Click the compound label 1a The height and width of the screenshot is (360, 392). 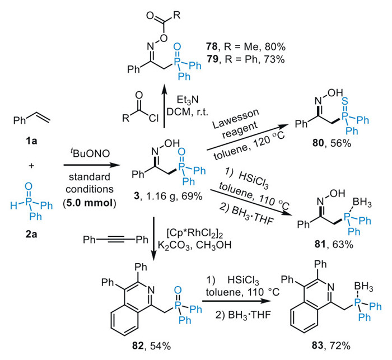(x=31, y=141)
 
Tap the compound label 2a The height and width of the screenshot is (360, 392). (x=31, y=234)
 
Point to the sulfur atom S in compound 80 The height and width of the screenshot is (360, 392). (x=345, y=101)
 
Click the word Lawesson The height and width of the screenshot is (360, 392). (x=236, y=118)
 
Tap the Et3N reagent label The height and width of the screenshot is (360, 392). (x=188, y=100)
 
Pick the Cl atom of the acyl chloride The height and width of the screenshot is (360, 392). (x=153, y=118)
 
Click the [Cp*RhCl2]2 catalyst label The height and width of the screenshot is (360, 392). (x=194, y=233)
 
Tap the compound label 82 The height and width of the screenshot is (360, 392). (x=138, y=346)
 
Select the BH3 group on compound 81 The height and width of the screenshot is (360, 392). (x=362, y=203)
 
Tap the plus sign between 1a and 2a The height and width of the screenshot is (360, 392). (x=31, y=165)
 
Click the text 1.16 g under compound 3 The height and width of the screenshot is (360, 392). (x=156, y=197)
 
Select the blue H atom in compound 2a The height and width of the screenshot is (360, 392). (x=14, y=205)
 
